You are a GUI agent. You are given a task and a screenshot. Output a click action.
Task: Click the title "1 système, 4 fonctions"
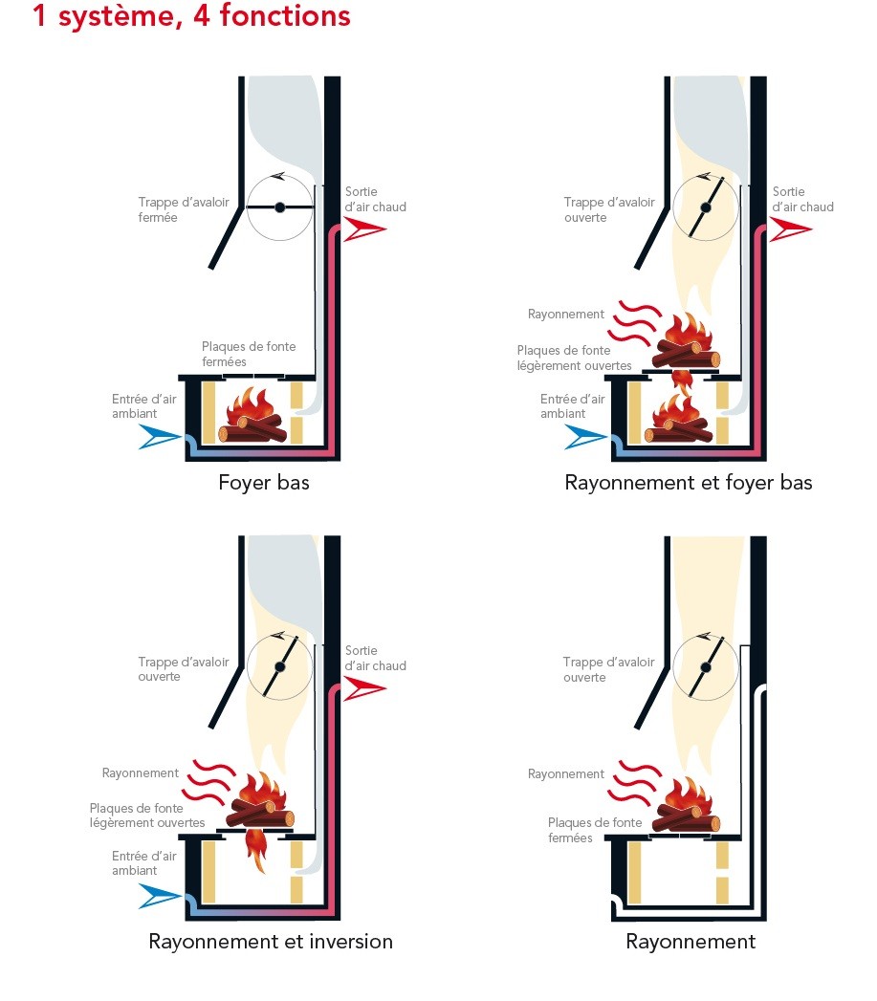tap(191, 16)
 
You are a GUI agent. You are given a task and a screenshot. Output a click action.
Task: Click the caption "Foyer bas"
tap(264, 483)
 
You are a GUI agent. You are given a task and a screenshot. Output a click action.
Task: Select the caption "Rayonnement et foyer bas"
tap(689, 483)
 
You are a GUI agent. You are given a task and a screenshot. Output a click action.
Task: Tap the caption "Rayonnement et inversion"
tap(271, 942)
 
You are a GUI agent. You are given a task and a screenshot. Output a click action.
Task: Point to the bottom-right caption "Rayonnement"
tap(691, 942)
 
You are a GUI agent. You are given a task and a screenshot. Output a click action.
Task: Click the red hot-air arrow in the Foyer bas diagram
tap(364, 228)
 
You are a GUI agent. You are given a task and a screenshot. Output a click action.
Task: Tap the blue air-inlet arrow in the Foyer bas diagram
tap(160, 437)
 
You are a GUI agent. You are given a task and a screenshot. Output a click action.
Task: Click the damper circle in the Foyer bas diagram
tap(279, 207)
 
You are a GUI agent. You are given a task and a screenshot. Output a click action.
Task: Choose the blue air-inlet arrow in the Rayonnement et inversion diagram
tap(160, 896)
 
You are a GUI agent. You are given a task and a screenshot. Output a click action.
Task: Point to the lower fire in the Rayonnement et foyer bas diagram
tap(680, 418)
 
